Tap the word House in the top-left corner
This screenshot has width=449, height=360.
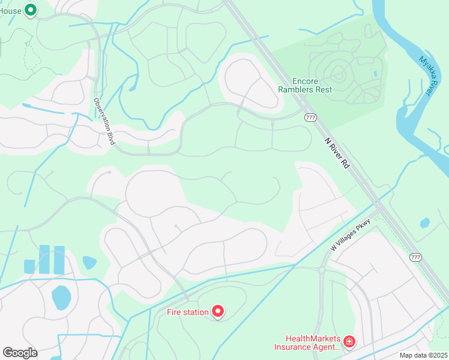pos(11,10)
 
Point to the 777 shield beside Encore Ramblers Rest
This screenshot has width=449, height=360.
pos(310,117)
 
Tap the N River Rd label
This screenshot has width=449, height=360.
pos(336,153)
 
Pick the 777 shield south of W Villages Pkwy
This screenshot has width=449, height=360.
pos(415,257)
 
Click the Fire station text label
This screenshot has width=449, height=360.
pos(187,312)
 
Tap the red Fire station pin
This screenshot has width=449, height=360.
pos(217,311)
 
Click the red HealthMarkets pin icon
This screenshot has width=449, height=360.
pos(349,341)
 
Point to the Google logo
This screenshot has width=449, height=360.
pos(20,353)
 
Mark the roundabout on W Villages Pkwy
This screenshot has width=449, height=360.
pos(322,270)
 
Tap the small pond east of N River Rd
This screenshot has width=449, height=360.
pos(425,223)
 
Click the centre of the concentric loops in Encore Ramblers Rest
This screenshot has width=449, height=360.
pos(338,75)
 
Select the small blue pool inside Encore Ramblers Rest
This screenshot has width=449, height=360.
pos(375,74)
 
